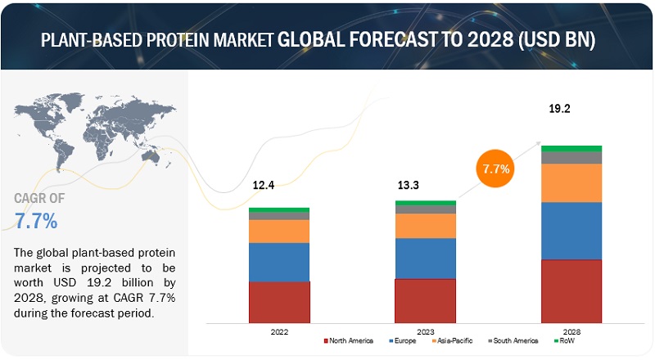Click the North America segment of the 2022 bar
click(x=279, y=302)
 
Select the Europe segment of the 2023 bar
click(x=425, y=258)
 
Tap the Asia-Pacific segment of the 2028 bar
click(x=571, y=182)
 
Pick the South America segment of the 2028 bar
click(x=571, y=157)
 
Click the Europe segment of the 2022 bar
click(x=279, y=262)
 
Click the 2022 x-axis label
click(x=279, y=333)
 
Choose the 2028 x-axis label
click(x=571, y=333)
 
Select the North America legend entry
click(x=350, y=340)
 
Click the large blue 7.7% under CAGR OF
click(x=36, y=221)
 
